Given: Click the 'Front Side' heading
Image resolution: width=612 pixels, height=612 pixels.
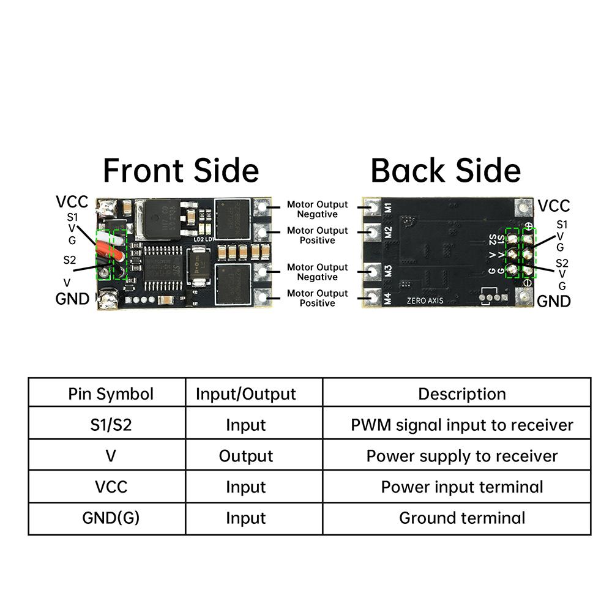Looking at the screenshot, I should point(181,170).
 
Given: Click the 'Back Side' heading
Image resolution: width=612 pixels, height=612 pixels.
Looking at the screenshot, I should point(446,170).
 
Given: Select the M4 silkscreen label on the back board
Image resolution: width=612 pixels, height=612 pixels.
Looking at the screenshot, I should point(388,299).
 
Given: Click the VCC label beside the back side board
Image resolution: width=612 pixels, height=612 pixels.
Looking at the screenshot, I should point(553,206).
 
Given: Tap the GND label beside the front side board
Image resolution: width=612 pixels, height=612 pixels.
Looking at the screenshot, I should point(72,299).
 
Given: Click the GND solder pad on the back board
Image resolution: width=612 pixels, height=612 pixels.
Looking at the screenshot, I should point(525,298).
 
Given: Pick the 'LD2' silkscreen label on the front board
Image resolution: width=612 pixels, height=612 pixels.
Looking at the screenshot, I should point(198,239).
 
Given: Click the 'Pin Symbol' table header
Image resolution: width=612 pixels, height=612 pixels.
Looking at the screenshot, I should point(111,394).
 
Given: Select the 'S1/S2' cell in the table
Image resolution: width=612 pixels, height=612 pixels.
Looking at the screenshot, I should point(111,425).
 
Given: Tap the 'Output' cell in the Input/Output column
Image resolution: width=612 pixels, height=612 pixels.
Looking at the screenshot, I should point(246,456).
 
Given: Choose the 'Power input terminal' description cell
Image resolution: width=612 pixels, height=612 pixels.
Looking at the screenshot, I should point(462,487).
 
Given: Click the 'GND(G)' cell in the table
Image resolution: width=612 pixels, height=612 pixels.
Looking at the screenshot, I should point(111,518).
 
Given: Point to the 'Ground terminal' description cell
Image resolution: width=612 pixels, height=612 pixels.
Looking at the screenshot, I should point(462,518).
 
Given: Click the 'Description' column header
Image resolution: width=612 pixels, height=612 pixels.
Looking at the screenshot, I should point(462,394).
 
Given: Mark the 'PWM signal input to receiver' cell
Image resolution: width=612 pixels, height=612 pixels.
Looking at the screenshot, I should point(462,425).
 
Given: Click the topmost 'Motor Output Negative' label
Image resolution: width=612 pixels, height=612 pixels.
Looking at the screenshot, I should point(317,209).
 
